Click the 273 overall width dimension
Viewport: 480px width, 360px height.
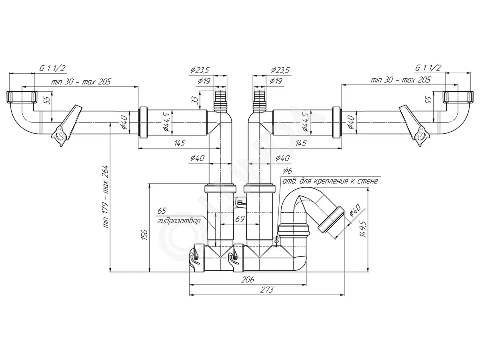(267, 290)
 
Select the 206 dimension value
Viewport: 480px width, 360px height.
(248, 280)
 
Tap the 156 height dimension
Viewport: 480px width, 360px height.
(144, 235)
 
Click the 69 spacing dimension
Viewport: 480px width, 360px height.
(240, 219)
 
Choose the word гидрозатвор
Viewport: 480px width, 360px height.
(179, 221)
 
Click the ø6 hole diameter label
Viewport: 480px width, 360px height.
(287, 171)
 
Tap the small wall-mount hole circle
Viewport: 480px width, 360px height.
(277, 241)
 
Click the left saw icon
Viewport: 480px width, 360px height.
(67, 126)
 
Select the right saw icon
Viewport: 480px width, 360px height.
(414, 126)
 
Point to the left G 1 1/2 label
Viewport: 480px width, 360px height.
(52, 68)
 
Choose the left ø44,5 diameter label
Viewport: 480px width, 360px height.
(167, 122)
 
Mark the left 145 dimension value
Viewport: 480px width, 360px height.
(180, 143)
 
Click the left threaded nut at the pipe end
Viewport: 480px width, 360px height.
(22, 97)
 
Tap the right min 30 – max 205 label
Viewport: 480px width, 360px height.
(401, 80)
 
